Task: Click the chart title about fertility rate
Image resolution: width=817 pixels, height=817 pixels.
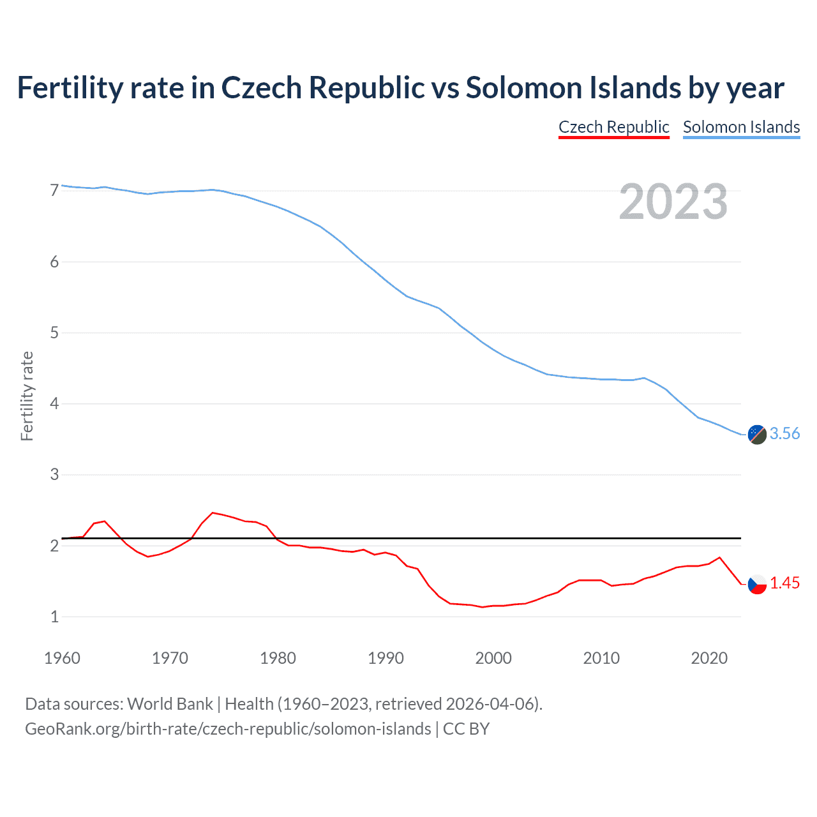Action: (x=400, y=88)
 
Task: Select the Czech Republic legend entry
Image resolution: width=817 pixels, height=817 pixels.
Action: (x=613, y=127)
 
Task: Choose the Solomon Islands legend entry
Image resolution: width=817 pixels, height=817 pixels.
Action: (x=741, y=127)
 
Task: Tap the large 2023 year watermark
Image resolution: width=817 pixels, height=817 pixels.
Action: (x=673, y=202)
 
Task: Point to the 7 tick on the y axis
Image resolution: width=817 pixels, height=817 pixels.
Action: (x=54, y=190)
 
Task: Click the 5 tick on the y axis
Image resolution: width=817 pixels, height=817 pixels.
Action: (x=54, y=333)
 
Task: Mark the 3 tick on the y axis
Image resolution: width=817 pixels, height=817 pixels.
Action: (x=54, y=474)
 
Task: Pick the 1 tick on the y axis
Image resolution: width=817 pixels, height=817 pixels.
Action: (x=54, y=617)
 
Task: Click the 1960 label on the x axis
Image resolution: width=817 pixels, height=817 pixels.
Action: (x=62, y=658)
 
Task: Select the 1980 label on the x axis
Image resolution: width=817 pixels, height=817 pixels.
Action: (x=278, y=658)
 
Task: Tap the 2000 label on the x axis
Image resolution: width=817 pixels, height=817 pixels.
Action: (x=493, y=658)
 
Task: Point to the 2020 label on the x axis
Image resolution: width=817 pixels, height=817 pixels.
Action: (x=709, y=658)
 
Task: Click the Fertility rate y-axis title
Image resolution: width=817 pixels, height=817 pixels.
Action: (x=27, y=396)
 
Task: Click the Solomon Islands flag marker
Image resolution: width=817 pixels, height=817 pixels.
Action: (x=757, y=434)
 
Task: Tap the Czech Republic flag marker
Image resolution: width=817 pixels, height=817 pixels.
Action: (x=757, y=583)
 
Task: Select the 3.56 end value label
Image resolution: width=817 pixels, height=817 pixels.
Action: (x=784, y=434)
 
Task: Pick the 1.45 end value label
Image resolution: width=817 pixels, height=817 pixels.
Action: (x=784, y=583)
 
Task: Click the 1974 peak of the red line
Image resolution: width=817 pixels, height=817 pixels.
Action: (x=213, y=513)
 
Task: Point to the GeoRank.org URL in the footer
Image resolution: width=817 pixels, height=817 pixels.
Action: (x=228, y=729)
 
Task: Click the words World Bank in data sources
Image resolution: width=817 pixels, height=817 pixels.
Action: (x=170, y=704)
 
